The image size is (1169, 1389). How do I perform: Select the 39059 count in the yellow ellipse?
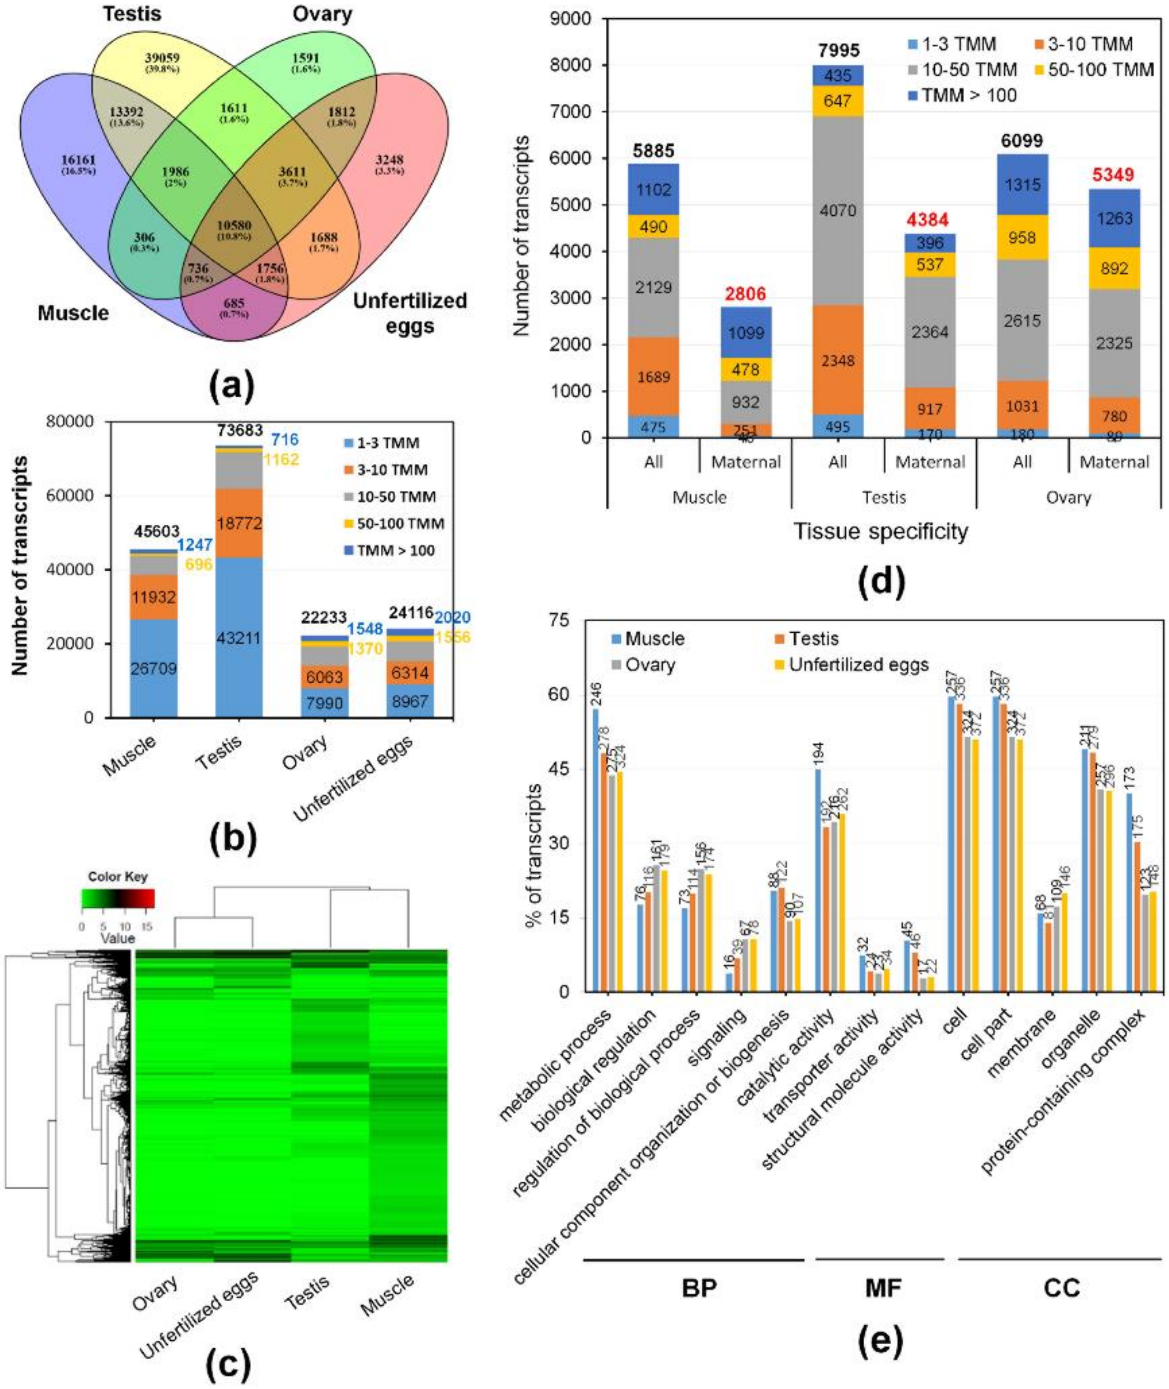tap(163, 57)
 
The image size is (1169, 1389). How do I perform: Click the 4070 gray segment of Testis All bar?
tap(837, 211)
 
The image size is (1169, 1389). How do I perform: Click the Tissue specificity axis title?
tap(881, 531)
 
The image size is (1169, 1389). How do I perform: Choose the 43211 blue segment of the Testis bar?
tap(239, 638)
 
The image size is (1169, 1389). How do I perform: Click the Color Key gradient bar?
tap(117, 898)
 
